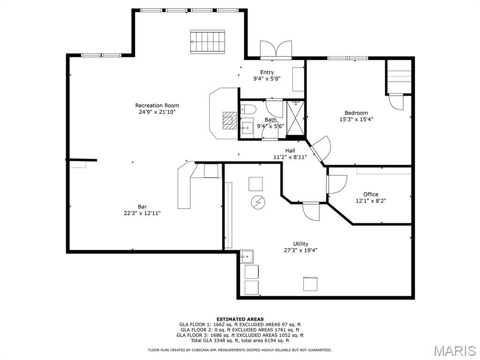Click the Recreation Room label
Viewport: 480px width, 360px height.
click(x=157, y=105)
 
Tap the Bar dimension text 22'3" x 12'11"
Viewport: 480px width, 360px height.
click(x=142, y=213)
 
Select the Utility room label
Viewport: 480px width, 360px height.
click(x=300, y=244)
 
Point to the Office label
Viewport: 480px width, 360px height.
click(x=371, y=195)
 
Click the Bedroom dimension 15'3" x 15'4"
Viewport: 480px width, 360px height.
click(x=356, y=120)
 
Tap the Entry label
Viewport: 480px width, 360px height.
click(x=267, y=72)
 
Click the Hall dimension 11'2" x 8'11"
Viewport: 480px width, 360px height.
click(x=290, y=157)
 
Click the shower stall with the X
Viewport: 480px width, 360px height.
click(x=295, y=118)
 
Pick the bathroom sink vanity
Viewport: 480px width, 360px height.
click(x=247, y=128)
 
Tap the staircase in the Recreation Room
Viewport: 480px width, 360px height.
click(x=208, y=42)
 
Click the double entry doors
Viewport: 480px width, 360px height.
click(x=276, y=49)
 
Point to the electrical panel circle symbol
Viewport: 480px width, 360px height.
click(x=258, y=202)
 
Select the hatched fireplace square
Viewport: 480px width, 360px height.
click(x=230, y=120)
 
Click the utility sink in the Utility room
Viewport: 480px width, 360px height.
click(x=247, y=256)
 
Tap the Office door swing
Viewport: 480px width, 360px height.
click(x=337, y=184)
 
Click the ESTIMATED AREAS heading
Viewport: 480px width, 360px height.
click(x=240, y=319)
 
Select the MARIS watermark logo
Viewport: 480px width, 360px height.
click(x=455, y=351)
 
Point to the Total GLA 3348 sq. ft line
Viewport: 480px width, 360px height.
click(x=240, y=340)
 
